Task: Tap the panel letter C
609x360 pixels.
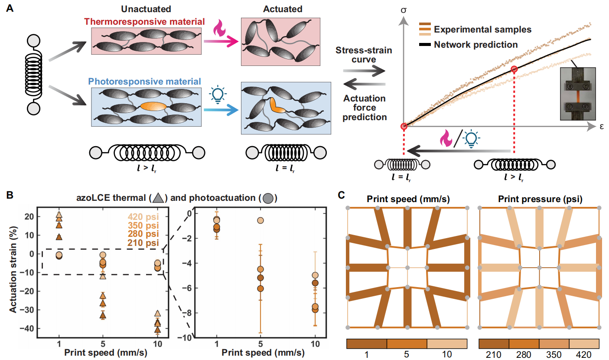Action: point(342,196)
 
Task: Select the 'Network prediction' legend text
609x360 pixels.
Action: point(475,45)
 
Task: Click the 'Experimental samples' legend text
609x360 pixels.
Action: point(482,29)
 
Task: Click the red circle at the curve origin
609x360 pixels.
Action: point(404,126)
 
